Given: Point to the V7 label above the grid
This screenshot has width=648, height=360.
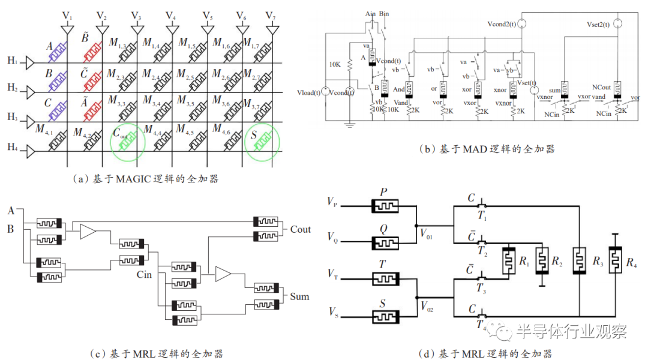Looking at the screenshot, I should [x=271, y=15].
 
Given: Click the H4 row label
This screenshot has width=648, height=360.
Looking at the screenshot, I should [x=13, y=148].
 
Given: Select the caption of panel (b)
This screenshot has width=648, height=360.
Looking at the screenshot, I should [x=486, y=149].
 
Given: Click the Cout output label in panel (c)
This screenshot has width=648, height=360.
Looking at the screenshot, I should [x=301, y=229].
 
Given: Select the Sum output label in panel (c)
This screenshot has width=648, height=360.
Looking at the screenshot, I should [x=299, y=296].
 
